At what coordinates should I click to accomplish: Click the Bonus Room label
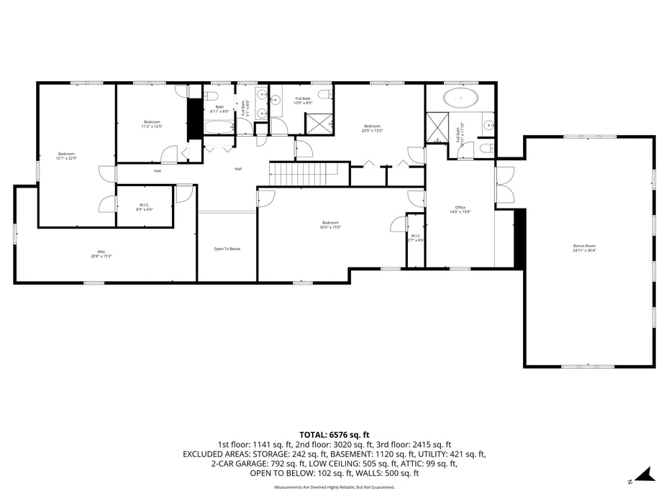(584, 248)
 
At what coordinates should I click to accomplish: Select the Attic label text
(101, 254)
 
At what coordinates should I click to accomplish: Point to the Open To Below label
(227, 249)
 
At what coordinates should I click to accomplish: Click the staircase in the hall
(303, 173)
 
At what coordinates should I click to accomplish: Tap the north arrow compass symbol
(647, 474)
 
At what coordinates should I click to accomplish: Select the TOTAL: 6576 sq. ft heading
(334, 435)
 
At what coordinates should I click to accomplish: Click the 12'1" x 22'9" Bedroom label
(67, 155)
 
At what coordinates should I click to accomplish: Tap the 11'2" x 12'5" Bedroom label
(152, 124)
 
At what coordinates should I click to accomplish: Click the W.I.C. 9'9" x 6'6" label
(144, 207)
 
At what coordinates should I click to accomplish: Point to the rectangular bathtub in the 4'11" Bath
(219, 127)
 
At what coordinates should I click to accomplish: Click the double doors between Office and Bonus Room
(505, 185)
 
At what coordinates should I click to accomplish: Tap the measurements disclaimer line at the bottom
(334, 487)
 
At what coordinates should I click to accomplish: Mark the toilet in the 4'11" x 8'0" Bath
(211, 96)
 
